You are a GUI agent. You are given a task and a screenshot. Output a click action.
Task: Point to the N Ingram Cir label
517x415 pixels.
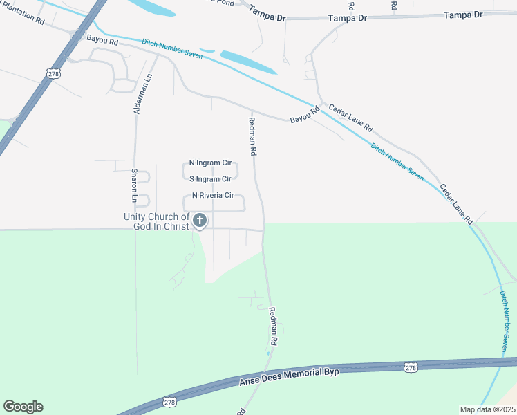[210, 163]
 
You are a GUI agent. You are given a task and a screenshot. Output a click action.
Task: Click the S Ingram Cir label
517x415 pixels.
[210, 179]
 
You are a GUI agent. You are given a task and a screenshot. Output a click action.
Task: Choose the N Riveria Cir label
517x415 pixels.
[213, 196]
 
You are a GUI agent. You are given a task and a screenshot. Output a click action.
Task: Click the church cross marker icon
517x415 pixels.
[200, 221]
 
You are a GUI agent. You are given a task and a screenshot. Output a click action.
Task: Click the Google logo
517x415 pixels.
[23, 407]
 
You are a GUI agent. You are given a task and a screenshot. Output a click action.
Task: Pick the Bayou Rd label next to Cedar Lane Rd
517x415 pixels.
[305, 115]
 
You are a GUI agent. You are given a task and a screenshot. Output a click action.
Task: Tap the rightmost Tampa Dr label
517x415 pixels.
[462, 15]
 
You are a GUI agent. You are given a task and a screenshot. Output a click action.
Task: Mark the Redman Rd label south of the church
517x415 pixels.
[273, 327]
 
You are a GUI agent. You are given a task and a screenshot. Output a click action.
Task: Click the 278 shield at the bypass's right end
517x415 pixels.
[411, 367]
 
